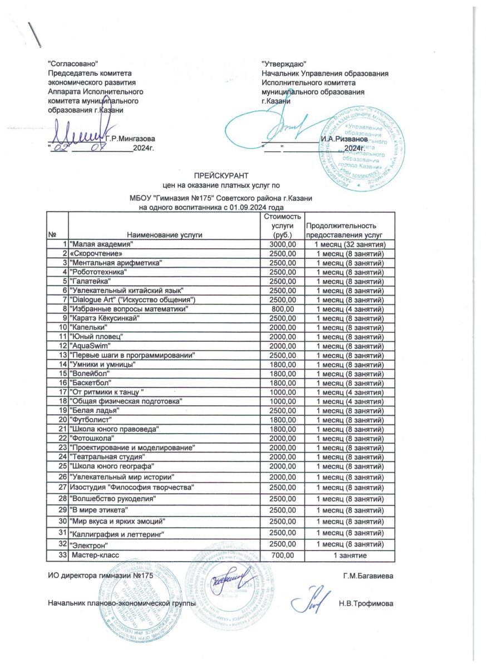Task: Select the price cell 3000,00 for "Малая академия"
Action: [282, 245]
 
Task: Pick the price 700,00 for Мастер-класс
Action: [282, 555]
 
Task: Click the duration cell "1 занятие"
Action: [350, 555]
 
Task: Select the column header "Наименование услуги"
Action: [164, 235]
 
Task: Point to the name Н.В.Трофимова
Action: [366, 603]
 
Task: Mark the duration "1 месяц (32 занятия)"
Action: [351, 245]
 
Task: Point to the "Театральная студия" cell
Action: [106, 457]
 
